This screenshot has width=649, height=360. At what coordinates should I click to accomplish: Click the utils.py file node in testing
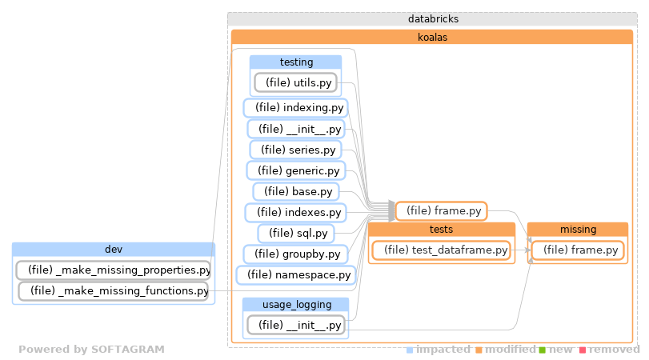(295, 82)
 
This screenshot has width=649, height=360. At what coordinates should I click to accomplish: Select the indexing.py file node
(296, 107)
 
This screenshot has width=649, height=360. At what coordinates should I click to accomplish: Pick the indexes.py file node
(295, 212)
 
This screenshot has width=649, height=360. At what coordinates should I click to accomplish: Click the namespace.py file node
(296, 274)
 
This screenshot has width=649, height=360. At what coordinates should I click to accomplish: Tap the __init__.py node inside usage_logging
(295, 324)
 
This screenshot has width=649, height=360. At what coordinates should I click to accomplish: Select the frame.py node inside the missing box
(577, 250)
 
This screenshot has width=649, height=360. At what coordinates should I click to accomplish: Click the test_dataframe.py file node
(441, 250)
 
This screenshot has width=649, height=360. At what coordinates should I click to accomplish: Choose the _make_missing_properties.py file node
(113, 270)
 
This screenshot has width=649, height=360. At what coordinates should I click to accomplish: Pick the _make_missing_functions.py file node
(113, 290)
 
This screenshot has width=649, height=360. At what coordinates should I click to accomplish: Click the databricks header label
(432, 18)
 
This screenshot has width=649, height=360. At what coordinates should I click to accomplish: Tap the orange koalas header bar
(432, 37)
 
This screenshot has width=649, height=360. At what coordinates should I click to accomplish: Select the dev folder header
(113, 249)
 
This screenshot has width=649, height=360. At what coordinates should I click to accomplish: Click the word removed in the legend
(614, 350)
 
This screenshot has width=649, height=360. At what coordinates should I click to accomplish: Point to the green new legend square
(543, 350)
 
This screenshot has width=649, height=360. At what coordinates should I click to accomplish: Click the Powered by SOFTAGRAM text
(91, 350)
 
